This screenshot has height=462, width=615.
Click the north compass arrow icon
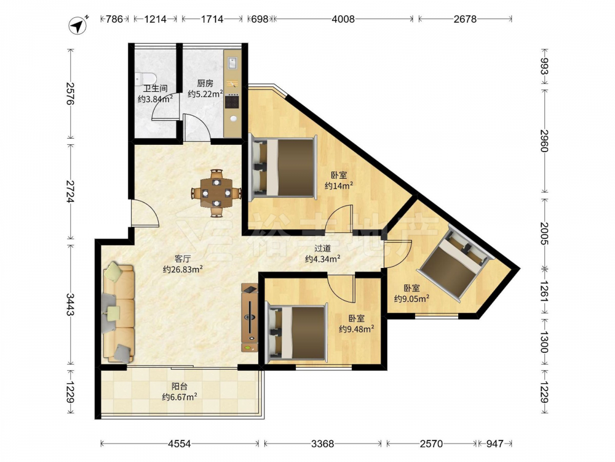(x=79, y=25)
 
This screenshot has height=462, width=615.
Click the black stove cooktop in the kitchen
(x=232, y=102)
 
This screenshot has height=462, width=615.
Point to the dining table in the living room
(x=216, y=193)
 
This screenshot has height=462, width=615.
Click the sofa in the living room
(x=119, y=313)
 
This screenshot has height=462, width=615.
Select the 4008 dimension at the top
(x=343, y=19)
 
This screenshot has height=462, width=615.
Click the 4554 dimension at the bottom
(x=179, y=444)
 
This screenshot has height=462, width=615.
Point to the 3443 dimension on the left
(x=70, y=305)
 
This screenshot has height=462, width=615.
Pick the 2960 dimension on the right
(x=544, y=140)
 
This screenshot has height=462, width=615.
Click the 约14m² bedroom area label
(x=339, y=185)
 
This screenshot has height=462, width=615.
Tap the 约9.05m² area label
(x=411, y=299)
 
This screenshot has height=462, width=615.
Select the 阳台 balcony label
(x=180, y=387)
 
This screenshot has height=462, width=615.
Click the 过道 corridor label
(x=323, y=248)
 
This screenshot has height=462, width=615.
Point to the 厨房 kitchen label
(x=205, y=83)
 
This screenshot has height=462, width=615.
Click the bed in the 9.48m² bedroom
(x=296, y=333)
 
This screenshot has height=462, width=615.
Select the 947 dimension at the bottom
(x=495, y=444)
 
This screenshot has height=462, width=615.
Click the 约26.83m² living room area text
(x=183, y=270)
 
